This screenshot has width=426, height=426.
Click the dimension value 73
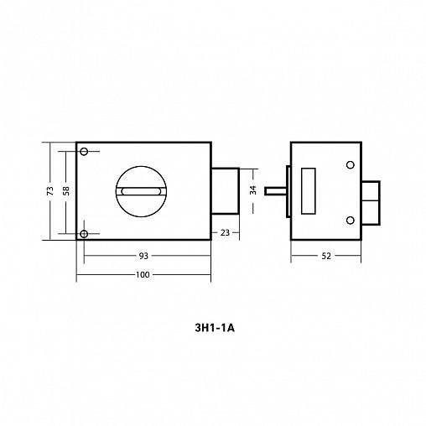[50, 190]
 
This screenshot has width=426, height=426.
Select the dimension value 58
[66, 190]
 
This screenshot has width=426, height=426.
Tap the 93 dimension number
[143, 256]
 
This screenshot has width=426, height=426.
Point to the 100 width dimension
[143, 274]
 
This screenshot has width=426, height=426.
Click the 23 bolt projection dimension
[225, 232]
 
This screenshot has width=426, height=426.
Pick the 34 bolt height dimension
[253, 190]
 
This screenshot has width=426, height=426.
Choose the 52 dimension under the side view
[326, 256]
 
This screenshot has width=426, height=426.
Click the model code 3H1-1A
[215, 328]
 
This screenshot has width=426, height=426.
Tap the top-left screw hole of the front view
[84, 152]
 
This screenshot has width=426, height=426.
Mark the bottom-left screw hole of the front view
[84, 234]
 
